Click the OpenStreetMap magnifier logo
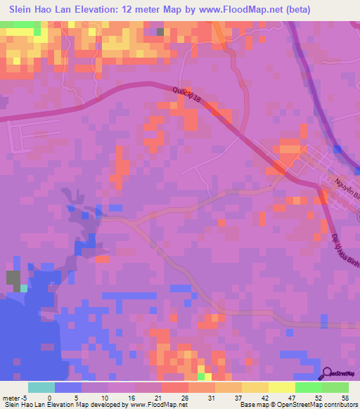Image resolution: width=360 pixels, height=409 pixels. tap(327, 373)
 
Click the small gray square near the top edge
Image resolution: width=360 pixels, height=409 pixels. tap(160, 32)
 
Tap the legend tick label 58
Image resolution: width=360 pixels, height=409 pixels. tap(345, 397)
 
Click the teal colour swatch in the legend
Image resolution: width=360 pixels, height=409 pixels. tap(41, 387)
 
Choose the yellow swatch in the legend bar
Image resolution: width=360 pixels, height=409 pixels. tap(281, 387)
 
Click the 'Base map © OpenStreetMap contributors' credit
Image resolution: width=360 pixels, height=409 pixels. tap(296, 405)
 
